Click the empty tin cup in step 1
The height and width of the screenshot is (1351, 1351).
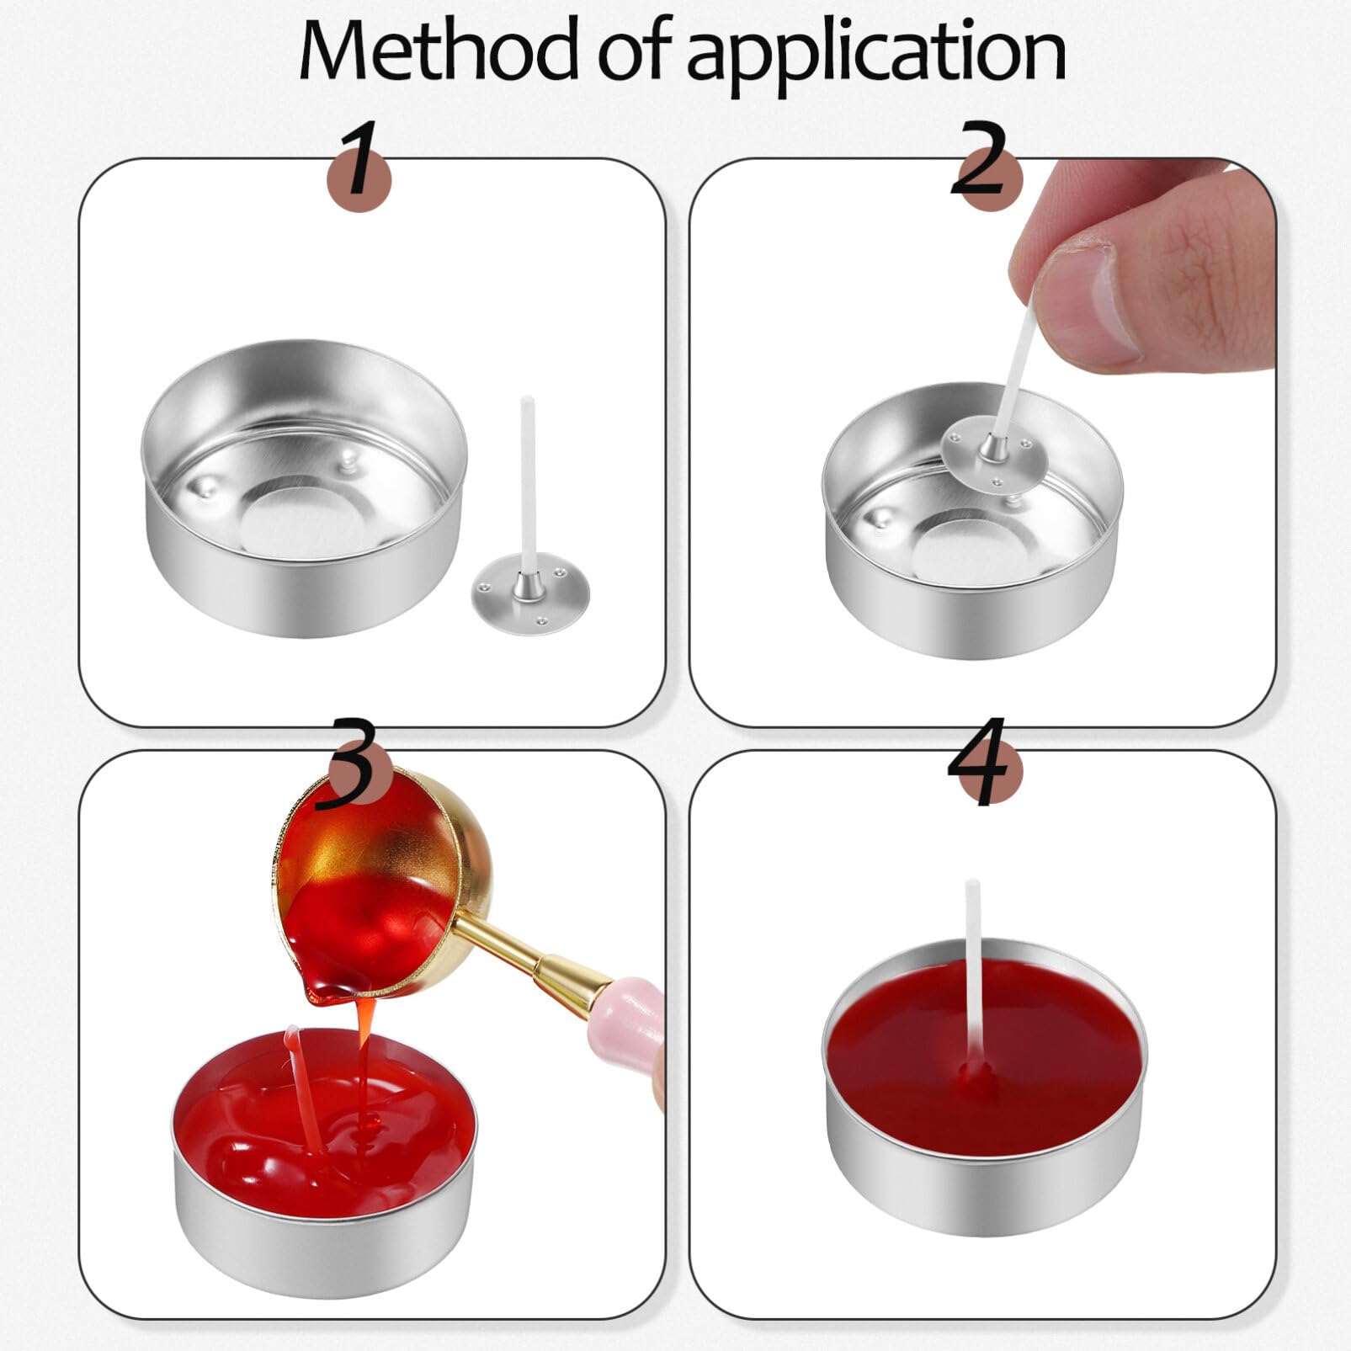coord(303,487)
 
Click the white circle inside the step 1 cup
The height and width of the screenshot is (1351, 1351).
coord(303,514)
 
